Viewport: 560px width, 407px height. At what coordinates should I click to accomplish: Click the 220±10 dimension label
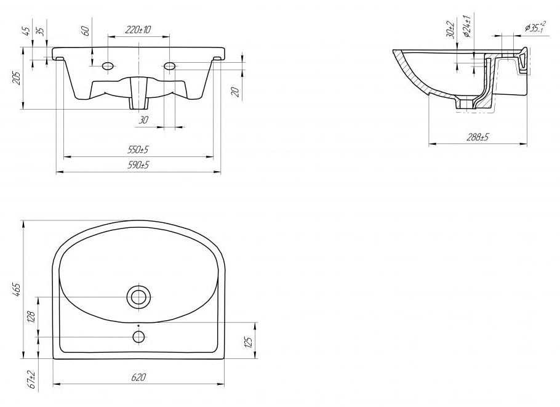click(x=138, y=30)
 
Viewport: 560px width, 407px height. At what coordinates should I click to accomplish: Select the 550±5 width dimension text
click(x=138, y=150)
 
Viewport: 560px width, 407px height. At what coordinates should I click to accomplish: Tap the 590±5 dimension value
click(x=138, y=165)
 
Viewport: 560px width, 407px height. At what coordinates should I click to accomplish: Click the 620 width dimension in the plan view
click(x=138, y=377)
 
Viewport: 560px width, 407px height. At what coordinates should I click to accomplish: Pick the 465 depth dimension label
click(x=17, y=289)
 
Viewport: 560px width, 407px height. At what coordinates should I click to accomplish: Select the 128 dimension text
click(x=31, y=316)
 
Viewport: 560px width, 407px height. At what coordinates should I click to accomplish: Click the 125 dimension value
click(x=249, y=341)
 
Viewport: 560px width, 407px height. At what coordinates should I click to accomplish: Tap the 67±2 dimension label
click(x=31, y=379)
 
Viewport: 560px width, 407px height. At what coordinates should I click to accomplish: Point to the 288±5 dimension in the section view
click(x=478, y=137)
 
